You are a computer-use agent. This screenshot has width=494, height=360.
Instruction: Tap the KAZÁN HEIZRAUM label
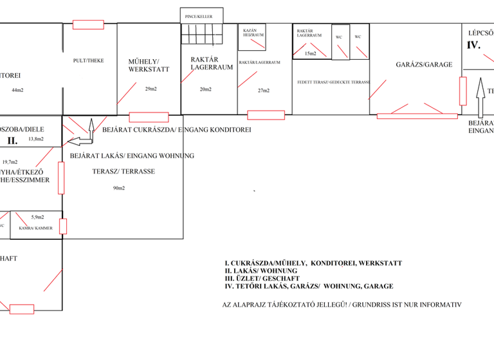253,33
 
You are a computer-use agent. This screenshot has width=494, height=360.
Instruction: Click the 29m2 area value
151,89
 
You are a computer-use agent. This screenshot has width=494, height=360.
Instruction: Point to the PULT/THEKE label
89,60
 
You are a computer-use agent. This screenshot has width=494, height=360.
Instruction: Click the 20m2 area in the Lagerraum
205,89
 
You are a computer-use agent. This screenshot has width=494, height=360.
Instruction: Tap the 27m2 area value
264,91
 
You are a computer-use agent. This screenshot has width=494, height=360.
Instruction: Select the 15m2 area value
310,53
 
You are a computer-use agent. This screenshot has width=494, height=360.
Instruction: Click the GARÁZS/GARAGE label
424,64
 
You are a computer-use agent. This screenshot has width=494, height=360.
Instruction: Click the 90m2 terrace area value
119,188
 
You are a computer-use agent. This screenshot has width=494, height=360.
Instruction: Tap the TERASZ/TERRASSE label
123,172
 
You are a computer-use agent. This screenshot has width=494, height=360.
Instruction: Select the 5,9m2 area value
37,217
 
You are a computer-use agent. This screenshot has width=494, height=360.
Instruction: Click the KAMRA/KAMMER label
35,228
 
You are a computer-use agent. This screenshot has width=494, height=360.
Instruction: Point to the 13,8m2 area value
36,139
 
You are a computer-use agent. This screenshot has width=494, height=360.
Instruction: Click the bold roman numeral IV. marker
473,46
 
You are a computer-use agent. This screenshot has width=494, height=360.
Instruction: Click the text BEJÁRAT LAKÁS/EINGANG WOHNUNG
131,156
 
